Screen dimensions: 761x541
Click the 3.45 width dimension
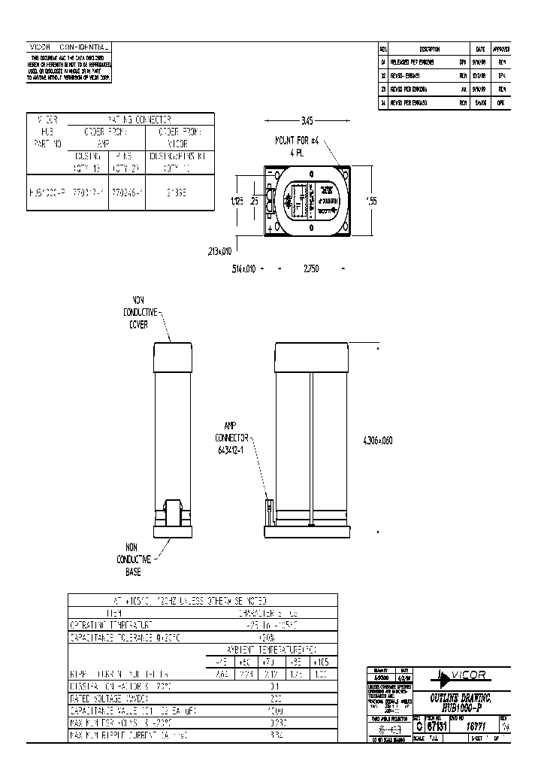click(x=307, y=120)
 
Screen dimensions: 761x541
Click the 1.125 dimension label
click(x=237, y=202)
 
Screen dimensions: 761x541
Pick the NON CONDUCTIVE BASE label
click(x=134, y=560)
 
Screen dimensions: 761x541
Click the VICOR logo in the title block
click(x=461, y=675)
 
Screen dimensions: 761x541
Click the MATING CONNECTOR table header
click(x=141, y=119)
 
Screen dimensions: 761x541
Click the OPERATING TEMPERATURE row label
click(x=113, y=624)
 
